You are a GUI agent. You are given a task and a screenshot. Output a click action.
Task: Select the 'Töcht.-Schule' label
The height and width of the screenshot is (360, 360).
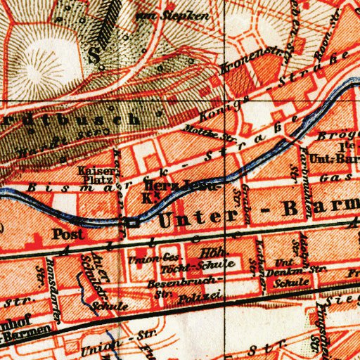pyautogui.click(x=190, y=268)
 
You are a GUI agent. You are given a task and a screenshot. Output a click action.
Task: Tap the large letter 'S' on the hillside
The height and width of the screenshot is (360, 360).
pyautogui.click(x=95, y=56)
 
